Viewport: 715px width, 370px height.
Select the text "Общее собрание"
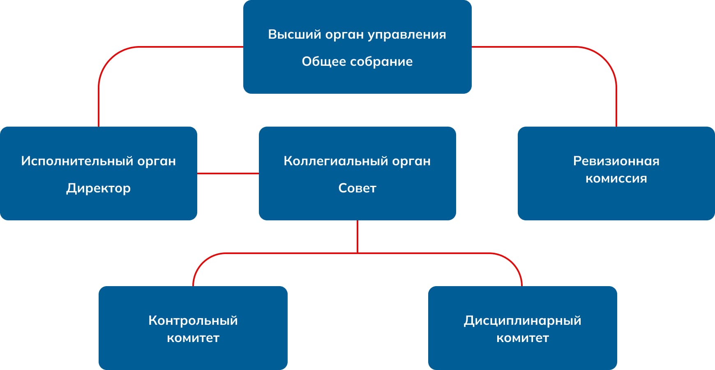[357, 62]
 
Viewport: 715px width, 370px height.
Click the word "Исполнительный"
[77, 161]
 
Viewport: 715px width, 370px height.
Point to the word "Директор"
[99, 188]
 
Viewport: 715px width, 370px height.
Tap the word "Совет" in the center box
[357, 188]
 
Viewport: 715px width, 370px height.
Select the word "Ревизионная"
[616, 161]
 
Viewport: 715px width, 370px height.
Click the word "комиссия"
[616, 178]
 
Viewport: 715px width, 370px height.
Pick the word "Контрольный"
[193, 321]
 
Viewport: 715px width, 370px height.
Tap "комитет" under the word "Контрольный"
[193, 338]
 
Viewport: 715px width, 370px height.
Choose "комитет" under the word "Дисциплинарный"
[523, 338]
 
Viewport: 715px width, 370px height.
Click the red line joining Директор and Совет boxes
[228, 173]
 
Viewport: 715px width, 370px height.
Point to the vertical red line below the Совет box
[357, 236]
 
